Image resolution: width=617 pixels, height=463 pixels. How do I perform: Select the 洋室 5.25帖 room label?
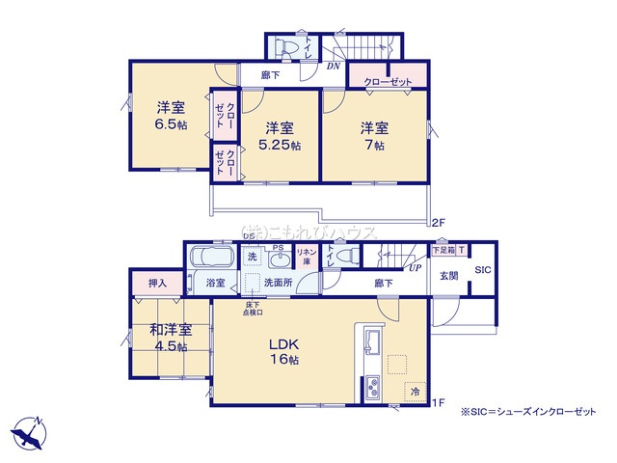pos(280,135)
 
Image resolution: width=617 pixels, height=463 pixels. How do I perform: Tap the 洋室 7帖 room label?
pos(373,135)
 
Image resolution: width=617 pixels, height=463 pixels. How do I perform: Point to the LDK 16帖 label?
pos(284,351)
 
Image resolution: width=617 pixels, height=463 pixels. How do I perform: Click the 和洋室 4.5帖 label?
pos(170,338)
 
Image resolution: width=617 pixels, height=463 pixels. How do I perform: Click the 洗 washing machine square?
pos(252,258)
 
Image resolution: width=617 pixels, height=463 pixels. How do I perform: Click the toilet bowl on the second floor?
pos(286,46)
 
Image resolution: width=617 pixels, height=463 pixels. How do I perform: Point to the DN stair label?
pos(334,67)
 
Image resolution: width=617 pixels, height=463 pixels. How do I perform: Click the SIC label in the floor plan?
pos(483,270)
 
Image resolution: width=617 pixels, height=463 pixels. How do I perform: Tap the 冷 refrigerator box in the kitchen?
pos(414,393)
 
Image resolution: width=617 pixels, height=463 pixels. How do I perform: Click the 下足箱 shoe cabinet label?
pos(444,250)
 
